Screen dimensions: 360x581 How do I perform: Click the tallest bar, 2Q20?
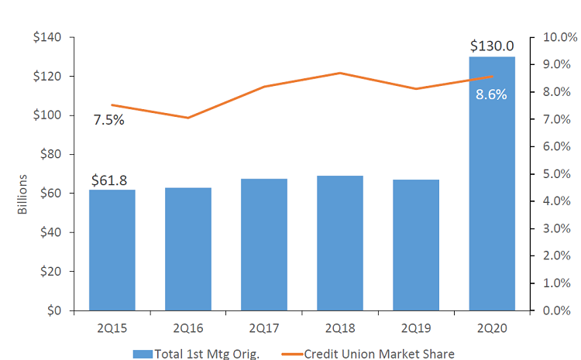[x=492, y=201]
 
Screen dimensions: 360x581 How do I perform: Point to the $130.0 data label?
[x=492, y=47]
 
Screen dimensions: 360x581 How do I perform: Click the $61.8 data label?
[x=109, y=180]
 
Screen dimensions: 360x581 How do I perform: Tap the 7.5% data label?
[x=109, y=120]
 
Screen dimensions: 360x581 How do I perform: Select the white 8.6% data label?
[x=491, y=95]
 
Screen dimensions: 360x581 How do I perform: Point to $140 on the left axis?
[x=48, y=38]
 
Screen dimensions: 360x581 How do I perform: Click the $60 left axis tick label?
[x=51, y=194]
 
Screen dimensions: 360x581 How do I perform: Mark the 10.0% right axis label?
[x=559, y=38]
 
